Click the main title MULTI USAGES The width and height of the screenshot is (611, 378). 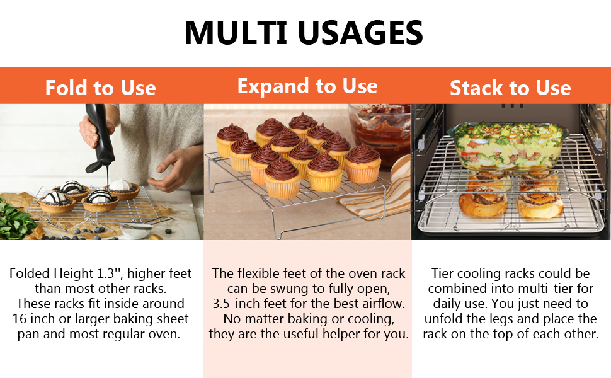(x=304, y=33)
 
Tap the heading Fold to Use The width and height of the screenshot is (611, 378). (x=101, y=88)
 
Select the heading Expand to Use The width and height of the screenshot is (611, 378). (x=307, y=86)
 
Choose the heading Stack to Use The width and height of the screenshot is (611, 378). (x=510, y=88)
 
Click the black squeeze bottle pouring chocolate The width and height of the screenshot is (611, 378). (x=100, y=136)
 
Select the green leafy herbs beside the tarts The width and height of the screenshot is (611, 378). (x=16, y=220)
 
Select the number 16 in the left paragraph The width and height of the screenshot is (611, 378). (x=20, y=319)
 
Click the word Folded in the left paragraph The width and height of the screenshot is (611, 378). (x=30, y=273)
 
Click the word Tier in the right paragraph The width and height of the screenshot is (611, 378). (x=443, y=273)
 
